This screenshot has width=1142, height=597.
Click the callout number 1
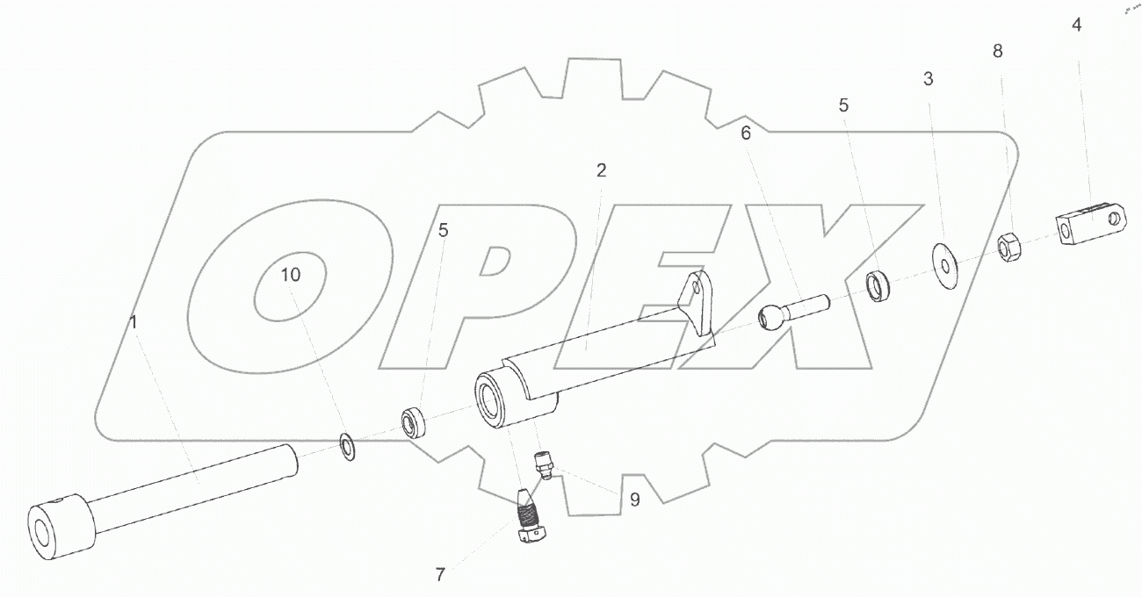point(133,322)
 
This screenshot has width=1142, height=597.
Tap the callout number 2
point(602,170)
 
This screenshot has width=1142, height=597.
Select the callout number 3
point(928,79)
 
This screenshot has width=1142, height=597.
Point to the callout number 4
point(1076,25)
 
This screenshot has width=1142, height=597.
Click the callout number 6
point(745,133)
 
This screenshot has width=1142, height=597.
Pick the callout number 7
point(440,574)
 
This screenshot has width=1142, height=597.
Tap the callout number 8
point(998,51)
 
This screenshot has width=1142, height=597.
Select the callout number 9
point(635,500)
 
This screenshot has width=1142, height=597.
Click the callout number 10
point(291,275)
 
